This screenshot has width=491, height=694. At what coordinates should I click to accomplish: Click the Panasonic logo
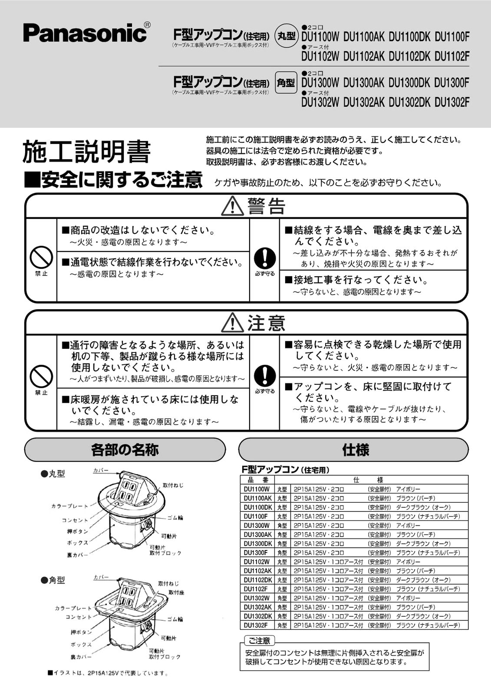click(x=85, y=33)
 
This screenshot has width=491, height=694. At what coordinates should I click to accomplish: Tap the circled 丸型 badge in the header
click(x=287, y=35)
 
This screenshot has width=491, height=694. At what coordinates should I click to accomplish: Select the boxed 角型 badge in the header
click(x=286, y=83)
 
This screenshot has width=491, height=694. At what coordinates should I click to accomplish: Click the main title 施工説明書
click(x=86, y=152)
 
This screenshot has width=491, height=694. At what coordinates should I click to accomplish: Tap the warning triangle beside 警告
click(x=232, y=206)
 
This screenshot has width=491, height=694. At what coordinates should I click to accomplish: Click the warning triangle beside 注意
click(x=232, y=323)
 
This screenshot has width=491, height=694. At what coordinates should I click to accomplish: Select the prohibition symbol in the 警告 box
click(x=41, y=257)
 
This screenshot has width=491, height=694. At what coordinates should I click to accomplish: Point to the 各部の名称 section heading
click(x=125, y=450)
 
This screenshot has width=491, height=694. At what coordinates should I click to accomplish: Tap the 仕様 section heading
click(x=355, y=450)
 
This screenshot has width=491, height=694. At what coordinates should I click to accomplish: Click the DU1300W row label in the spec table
click(x=257, y=525)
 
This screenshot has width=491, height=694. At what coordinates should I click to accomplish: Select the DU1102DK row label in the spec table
click(x=257, y=580)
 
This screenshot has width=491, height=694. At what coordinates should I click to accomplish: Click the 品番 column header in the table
click(x=258, y=480)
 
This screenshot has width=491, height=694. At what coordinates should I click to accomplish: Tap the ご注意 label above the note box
click(x=259, y=641)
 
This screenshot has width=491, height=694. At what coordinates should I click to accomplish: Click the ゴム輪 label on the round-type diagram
click(x=175, y=517)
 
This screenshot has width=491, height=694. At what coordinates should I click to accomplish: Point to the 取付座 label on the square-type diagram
click(x=177, y=593)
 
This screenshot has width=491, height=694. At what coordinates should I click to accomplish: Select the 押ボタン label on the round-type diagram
click(x=77, y=531)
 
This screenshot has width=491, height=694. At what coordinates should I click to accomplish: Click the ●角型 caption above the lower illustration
click(x=53, y=580)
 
